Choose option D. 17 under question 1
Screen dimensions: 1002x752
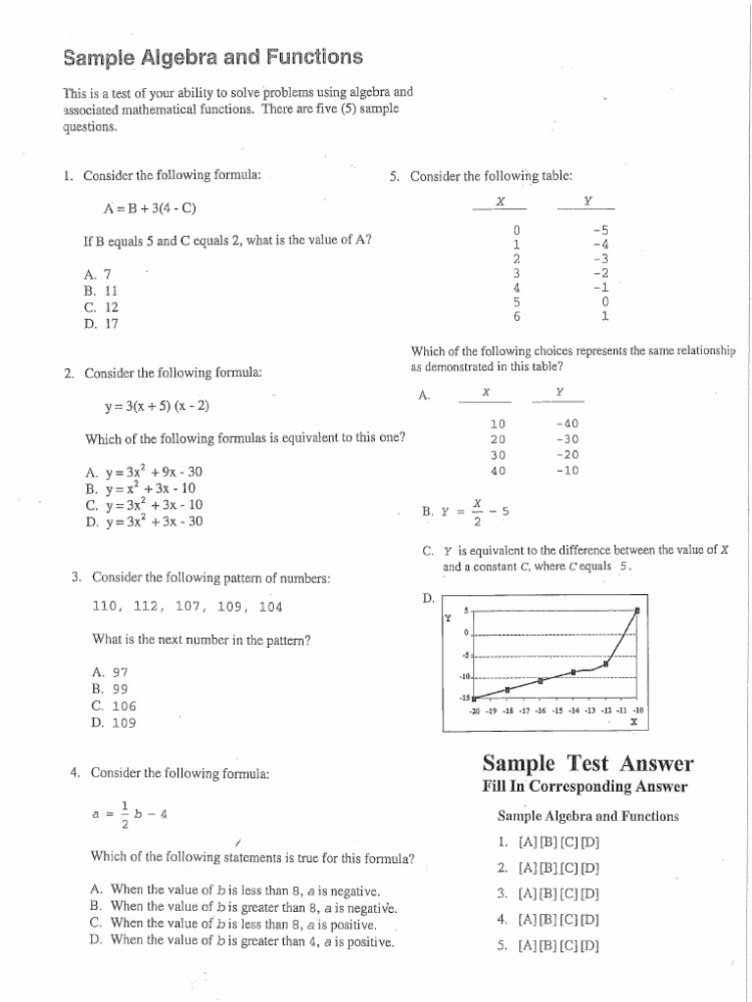click(101, 323)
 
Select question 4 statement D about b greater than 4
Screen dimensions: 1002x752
click(241, 940)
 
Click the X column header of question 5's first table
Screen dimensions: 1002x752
click(499, 200)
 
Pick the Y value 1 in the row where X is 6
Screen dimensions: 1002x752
click(605, 316)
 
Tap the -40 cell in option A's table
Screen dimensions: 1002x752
click(566, 424)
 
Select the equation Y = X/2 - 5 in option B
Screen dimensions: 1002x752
click(466, 511)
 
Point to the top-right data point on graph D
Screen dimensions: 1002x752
click(637, 611)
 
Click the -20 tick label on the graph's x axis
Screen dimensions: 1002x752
click(475, 710)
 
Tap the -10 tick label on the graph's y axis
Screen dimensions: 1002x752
click(464, 676)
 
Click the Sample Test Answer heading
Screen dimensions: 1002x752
click(587, 764)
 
